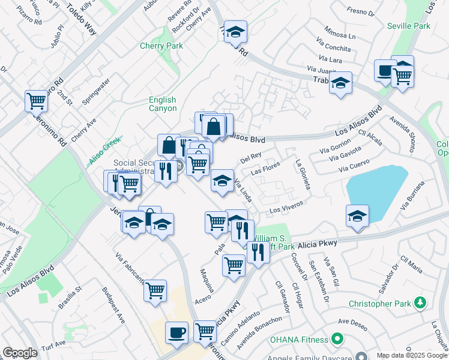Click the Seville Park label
coord(409,26)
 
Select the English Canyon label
coord(163,104)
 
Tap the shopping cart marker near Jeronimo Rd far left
coord(36,101)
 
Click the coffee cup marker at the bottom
coord(176,332)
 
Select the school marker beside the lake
coord(357,215)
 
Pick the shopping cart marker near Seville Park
coord(402,76)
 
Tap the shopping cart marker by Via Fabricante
coord(155,290)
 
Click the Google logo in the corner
coord(20,353)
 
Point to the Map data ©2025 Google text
coord(412,355)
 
